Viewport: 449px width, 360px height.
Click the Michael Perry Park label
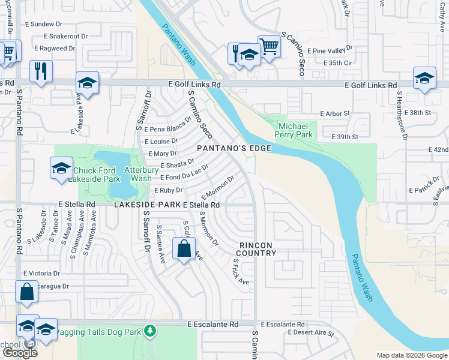tap(293, 131)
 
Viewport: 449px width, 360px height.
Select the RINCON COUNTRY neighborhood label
tap(258, 249)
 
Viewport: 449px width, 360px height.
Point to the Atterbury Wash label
tap(138, 174)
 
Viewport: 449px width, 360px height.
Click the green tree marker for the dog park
tap(150, 331)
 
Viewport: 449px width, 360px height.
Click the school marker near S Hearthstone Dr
tap(424, 78)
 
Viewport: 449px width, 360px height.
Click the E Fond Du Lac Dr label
tap(184, 173)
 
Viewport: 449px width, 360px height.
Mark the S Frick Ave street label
tap(240, 272)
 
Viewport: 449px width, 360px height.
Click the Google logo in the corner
tap(20, 352)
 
